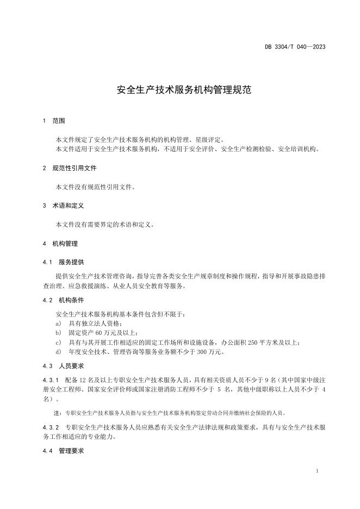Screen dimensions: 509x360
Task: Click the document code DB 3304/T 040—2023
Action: tap(295, 47)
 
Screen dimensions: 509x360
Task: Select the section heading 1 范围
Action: tap(54, 121)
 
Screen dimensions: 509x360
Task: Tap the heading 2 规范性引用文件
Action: tap(70, 168)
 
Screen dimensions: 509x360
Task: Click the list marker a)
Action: tap(58, 323)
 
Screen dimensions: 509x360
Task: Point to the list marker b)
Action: tap(58, 332)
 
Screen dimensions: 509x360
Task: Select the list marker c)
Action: tap(58, 342)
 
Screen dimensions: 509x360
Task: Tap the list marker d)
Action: tap(58, 352)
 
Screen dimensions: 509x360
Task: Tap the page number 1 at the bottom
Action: tap(316, 470)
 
